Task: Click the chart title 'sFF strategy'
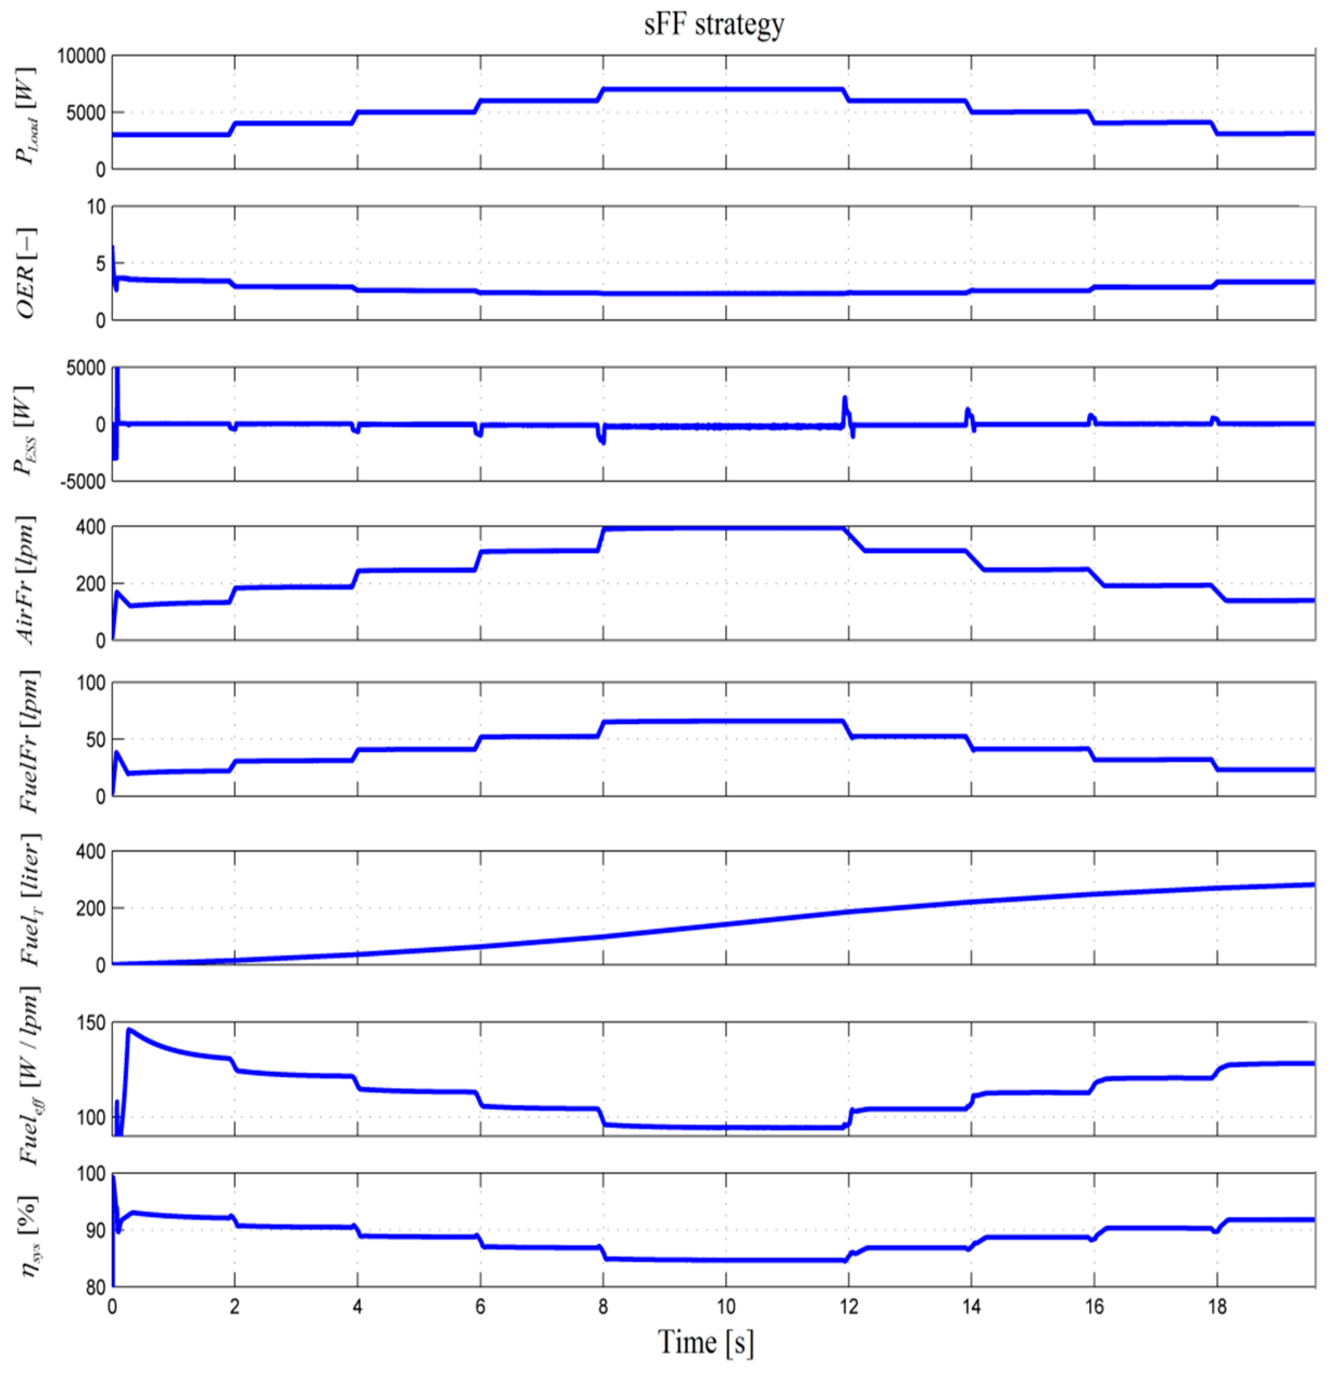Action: click(x=714, y=25)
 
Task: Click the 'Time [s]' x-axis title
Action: click(x=706, y=1341)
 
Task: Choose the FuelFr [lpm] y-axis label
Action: click(x=28, y=741)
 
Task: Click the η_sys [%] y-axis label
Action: click(x=28, y=1237)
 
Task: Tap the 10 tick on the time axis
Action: click(x=726, y=1307)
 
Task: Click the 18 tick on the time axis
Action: click(x=1217, y=1307)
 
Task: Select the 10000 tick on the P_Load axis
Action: click(x=81, y=56)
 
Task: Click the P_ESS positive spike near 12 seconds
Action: click(x=845, y=399)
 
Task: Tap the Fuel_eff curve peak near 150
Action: click(x=129, y=1029)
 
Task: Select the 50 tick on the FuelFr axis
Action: click(x=94, y=739)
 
